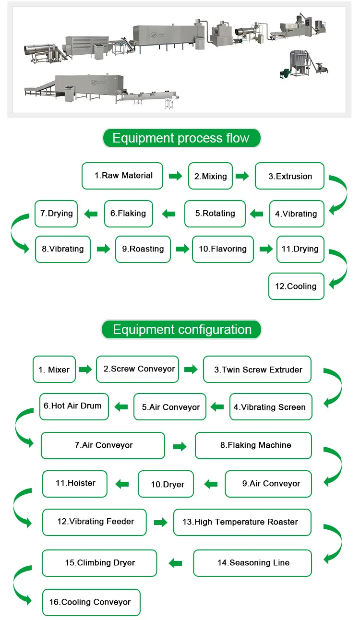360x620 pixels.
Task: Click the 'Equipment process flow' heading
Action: [181, 138]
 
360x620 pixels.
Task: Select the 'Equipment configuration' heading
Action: [181, 329]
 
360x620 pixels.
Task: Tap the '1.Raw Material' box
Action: [122, 176]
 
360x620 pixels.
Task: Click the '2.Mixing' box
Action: [210, 176]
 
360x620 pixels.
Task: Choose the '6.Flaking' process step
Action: [129, 214]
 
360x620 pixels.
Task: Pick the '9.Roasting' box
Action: [143, 249]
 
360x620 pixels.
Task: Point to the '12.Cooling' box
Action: [296, 286]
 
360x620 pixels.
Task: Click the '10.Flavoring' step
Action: [223, 249]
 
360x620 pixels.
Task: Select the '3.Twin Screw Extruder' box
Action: [257, 369]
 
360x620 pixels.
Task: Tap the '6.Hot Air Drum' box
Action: [74, 406]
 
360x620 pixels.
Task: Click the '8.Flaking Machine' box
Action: [253, 445]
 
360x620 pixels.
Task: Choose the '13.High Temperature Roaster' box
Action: [242, 522]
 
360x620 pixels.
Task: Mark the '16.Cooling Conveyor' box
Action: [91, 603]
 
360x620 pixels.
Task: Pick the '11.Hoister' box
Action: [75, 484]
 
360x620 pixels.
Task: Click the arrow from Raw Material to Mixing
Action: [176, 176]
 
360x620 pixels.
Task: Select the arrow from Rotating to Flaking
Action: [168, 214]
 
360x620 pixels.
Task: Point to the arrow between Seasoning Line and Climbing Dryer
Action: [175, 563]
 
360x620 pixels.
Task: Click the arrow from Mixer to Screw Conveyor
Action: [85, 369]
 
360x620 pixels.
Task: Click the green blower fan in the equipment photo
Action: [285, 73]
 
